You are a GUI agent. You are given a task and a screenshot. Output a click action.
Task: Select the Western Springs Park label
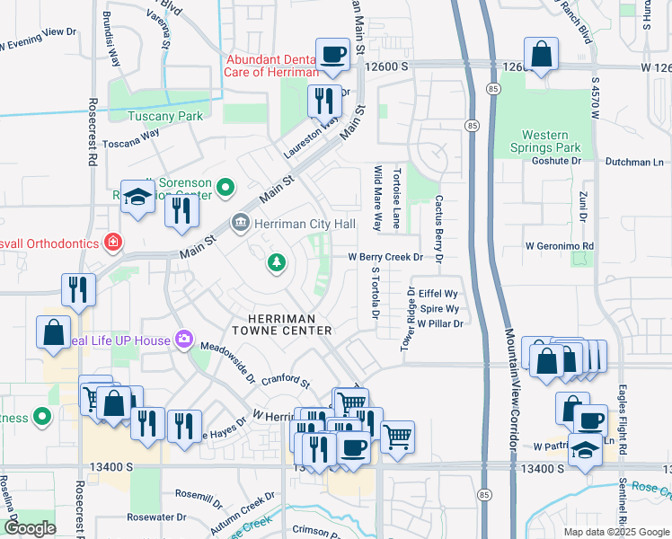click(x=545, y=139)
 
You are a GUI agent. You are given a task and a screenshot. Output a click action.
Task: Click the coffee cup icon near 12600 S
click(x=332, y=54)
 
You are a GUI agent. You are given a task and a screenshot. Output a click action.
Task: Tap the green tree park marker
click(x=277, y=262)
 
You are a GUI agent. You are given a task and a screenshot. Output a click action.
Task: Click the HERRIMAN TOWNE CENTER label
click(x=283, y=324)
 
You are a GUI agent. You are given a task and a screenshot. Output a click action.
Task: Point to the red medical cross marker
click(x=112, y=241)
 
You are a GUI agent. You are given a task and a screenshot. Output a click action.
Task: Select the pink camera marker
click(x=184, y=338)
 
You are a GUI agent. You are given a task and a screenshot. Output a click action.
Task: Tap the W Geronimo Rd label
click(x=560, y=245)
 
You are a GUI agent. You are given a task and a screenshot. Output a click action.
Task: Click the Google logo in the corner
click(x=30, y=528)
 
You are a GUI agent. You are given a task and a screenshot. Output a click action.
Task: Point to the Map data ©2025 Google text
click(x=616, y=532)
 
